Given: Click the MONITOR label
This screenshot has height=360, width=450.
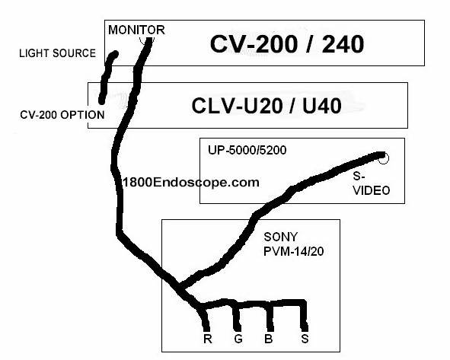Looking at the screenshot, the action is (x=136, y=30).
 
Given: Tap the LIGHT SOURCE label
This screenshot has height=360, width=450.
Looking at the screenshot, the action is (x=57, y=53).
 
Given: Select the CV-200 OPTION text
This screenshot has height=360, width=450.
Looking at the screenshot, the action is (x=62, y=115).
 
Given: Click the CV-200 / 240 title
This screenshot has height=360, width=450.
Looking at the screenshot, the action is (x=287, y=44).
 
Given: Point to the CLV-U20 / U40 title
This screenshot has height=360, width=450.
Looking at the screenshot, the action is (x=266, y=106).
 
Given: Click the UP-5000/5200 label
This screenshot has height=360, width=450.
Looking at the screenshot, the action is (x=247, y=150).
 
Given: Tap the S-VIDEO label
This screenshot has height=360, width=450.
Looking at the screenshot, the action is (x=372, y=183).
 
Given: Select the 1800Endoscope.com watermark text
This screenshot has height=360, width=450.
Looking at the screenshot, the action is (x=191, y=183).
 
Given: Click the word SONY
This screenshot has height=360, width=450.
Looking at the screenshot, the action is (x=281, y=237).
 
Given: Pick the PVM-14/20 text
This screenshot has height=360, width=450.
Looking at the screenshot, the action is (x=294, y=251).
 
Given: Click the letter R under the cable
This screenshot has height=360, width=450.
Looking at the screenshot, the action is (x=208, y=339).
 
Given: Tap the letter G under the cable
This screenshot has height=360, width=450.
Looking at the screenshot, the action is (x=238, y=339).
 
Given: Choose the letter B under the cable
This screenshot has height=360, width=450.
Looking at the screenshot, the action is (x=268, y=339).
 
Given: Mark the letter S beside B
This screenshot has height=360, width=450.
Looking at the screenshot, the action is (x=305, y=339).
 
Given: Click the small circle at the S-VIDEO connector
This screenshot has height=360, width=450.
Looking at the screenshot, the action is (x=384, y=158).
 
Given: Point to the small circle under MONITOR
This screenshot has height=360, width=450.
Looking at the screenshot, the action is (x=147, y=40).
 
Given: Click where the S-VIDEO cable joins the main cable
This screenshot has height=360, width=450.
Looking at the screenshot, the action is (x=180, y=287).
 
